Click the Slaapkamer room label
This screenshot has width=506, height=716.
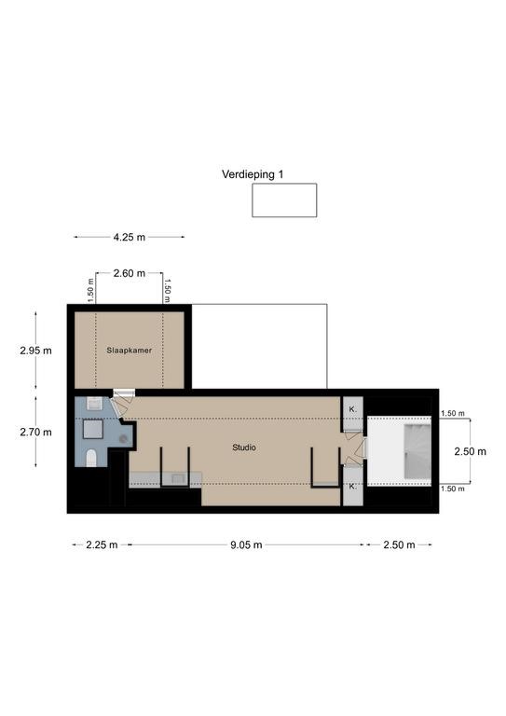[x=130, y=351]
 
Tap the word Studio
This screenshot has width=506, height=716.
[x=244, y=447]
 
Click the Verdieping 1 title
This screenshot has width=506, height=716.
[x=253, y=174]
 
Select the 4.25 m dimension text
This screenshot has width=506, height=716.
[x=130, y=237]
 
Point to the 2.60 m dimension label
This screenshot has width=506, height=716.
[x=130, y=273]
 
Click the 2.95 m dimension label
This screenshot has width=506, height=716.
[x=35, y=351]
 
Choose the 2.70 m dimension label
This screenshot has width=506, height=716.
[x=35, y=432]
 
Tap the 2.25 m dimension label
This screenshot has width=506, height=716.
[x=102, y=544]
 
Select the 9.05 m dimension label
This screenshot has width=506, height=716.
[x=246, y=544]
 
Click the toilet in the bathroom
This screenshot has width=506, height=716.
[x=91, y=458]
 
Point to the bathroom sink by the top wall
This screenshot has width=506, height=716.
[x=95, y=404]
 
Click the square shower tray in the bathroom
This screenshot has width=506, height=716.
[x=93, y=430]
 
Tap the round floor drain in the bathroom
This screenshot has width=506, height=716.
[x=123, y=439]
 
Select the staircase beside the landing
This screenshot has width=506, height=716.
[x=417, y=451]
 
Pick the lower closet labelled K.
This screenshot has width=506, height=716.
[x=352, y=487]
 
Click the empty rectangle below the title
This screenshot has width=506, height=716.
[x=284, y=200]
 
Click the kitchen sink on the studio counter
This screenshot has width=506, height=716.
[x=176, y=478]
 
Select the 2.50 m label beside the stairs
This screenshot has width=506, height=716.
[x=470, y=451]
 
